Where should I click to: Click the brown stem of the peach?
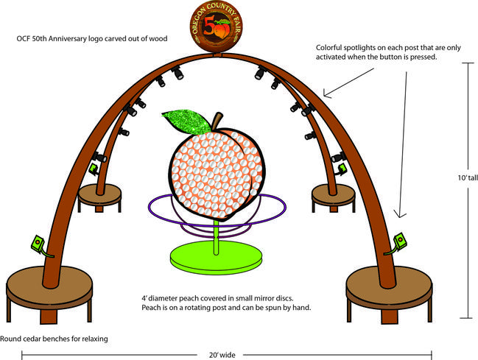215,121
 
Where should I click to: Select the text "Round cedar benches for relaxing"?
54,339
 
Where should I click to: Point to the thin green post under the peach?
215,235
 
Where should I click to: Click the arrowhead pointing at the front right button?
398,215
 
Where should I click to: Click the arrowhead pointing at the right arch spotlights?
326,95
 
